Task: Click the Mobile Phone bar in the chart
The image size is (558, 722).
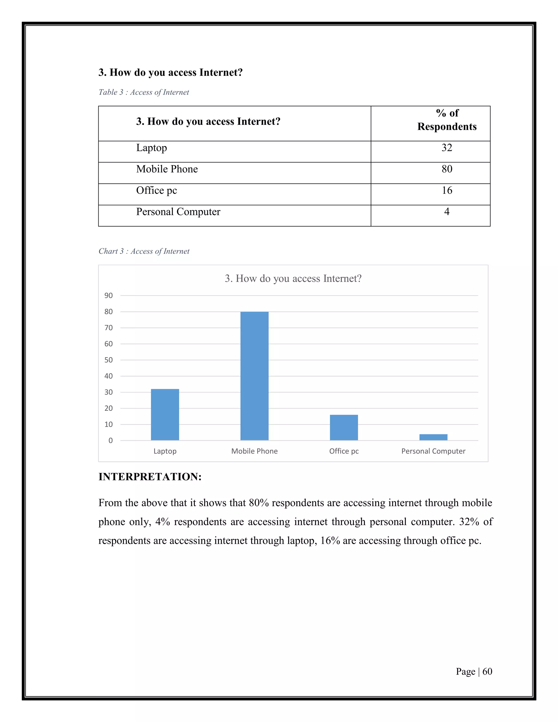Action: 254,376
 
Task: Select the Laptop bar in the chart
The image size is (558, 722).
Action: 165,415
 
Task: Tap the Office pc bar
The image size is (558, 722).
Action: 344,427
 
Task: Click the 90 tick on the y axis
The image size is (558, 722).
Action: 108,296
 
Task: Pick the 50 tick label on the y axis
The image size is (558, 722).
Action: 108,360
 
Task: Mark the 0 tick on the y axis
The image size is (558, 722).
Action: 110,440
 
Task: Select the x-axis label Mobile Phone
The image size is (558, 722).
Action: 254,451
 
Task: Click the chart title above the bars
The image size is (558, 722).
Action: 293,278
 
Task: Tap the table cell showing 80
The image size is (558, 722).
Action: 447,169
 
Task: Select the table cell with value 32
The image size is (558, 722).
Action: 447,148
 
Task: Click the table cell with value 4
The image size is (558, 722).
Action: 447,212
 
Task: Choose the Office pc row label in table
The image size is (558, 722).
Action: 156,190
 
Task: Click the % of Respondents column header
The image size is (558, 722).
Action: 447,120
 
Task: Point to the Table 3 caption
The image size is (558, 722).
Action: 144,92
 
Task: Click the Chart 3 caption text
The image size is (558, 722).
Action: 144,251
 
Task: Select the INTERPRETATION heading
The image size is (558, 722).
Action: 150,477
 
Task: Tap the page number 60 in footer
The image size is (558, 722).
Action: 487,671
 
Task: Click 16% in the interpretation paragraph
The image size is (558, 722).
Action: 330,541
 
